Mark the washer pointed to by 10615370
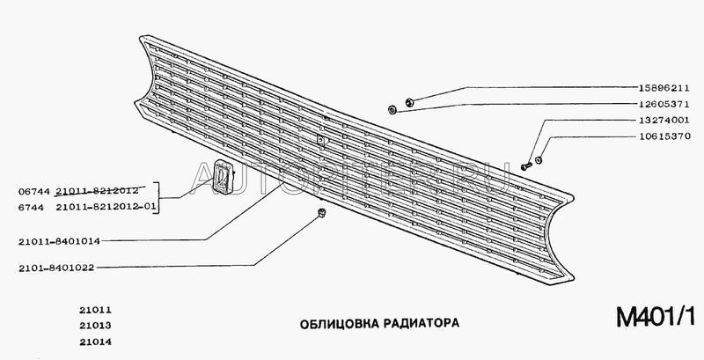click(x=539, y=158)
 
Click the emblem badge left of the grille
click(x=221, y=176)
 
